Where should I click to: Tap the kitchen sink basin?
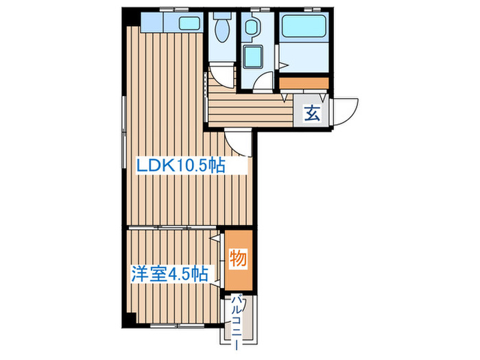(188, 23)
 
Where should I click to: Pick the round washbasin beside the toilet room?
(252, 27)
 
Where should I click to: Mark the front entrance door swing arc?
(347, 109)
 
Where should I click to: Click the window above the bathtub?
(304, 10)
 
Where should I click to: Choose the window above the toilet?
(222, 10)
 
